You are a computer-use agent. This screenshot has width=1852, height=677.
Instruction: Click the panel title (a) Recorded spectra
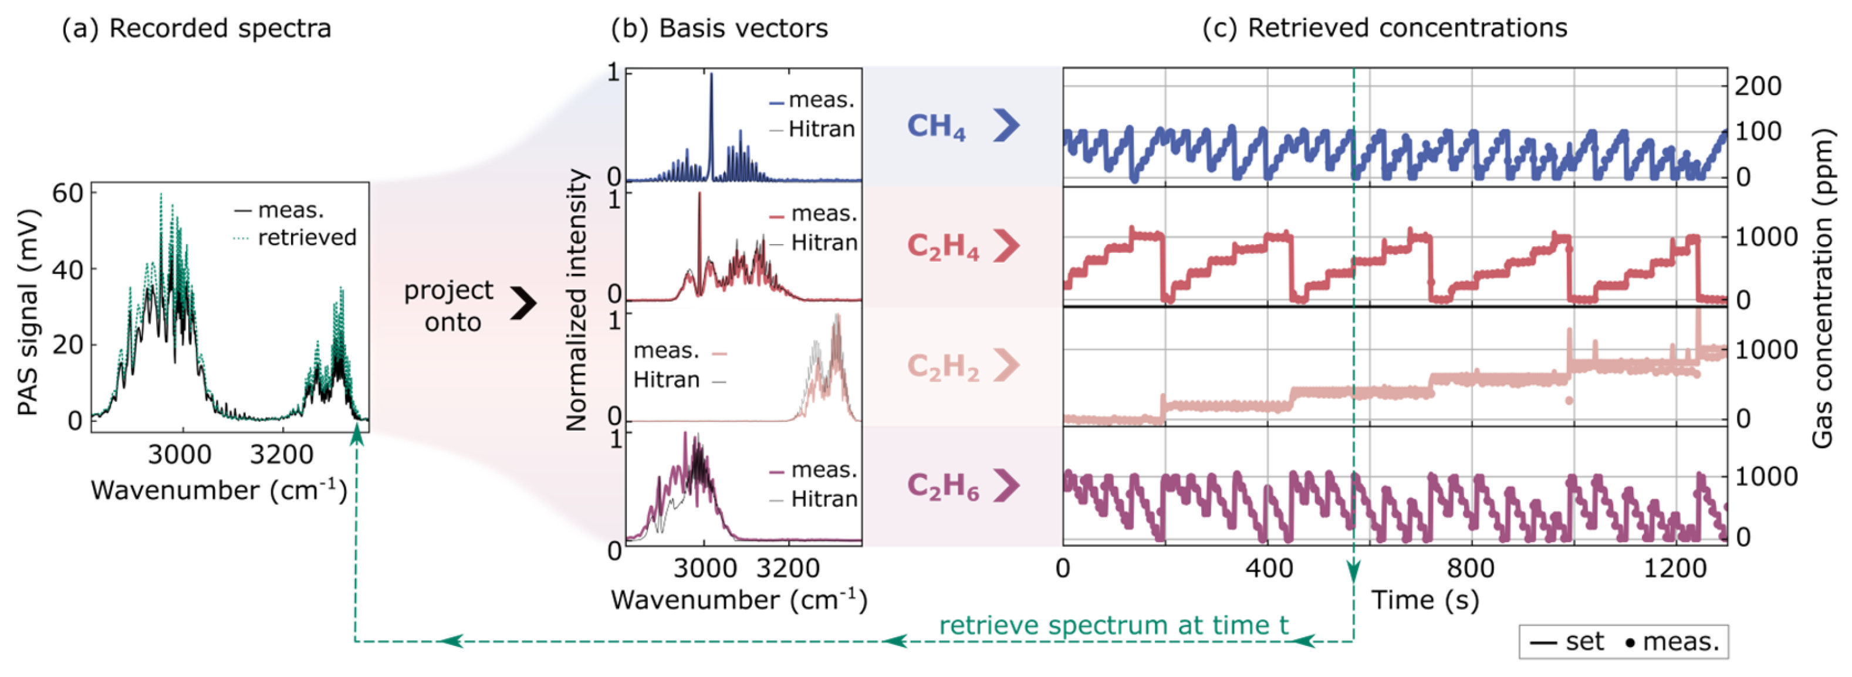196,29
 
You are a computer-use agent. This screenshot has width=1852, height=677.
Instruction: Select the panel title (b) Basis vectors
719,29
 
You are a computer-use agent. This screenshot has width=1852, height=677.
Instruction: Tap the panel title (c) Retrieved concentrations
1384,28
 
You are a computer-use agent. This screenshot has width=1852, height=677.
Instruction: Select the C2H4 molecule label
942,246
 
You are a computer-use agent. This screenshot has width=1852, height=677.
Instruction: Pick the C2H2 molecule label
942,367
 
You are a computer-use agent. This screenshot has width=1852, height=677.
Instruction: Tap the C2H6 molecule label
942,486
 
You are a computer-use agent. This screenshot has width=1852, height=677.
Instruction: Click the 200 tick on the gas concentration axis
1758,86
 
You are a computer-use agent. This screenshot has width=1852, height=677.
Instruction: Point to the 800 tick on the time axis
1471,568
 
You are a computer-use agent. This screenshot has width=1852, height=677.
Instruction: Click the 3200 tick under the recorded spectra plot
282,454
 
